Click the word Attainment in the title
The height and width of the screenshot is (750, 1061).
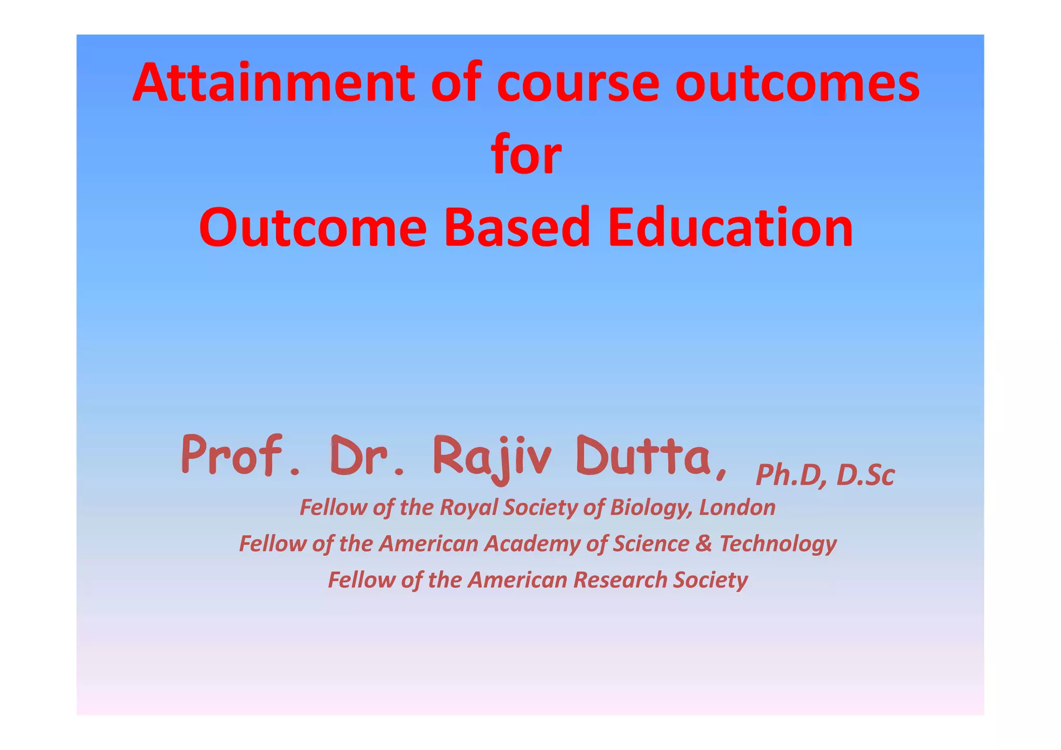click(274, 83)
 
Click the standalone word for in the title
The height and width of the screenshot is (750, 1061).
click(526, 154)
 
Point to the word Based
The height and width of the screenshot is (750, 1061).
click(517, 227)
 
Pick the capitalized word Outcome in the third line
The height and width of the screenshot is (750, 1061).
click(312, 227)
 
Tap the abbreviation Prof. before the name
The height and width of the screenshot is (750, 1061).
click(240, 456)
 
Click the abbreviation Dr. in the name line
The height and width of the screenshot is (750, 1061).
click(366, 456)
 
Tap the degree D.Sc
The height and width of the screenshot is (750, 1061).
click(865, 475)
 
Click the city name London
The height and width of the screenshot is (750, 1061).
click(737, 508)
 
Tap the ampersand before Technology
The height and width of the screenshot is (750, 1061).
click(704, 544)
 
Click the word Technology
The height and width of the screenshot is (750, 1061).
click(778, 544)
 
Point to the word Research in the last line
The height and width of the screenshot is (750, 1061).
click(620, 580)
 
